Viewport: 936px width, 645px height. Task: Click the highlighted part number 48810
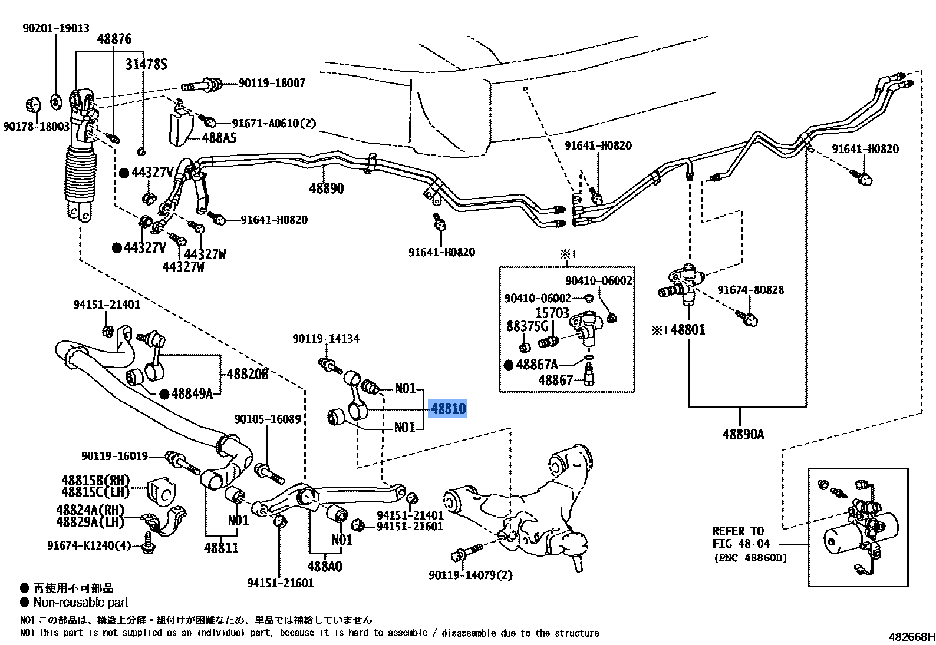(x=448, y=408)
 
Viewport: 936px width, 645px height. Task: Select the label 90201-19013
(x=56, y=28)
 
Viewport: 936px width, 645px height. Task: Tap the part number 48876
(x=114, y=39)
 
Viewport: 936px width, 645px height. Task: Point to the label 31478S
(x=146, y=64)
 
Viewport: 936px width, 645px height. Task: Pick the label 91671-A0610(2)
(x=273, y=123)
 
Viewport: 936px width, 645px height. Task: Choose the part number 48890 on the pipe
(x=326, y=188)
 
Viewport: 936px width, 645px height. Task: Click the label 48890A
(x=743, y=435)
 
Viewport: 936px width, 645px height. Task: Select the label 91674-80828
(x=750, y=290)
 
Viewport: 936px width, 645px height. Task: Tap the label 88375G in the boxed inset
(x=527, y=326)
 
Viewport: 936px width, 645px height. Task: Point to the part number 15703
(x=552, y=313)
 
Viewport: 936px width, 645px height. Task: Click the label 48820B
(x=248, y=373)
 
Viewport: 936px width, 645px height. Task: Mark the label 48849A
(x=192, y=393)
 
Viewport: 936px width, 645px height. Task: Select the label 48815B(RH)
(x=95, y=480)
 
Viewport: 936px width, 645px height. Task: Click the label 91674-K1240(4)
(x=89, y=545)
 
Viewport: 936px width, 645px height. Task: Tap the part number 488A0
(x=324, y=567)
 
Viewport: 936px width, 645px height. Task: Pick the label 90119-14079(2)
(x=470, y=575)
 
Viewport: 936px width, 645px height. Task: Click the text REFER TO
(x=737, y=531)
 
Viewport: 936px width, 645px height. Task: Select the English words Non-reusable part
(x=81, y=602)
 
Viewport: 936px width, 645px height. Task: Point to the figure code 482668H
(x=911, y=637)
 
